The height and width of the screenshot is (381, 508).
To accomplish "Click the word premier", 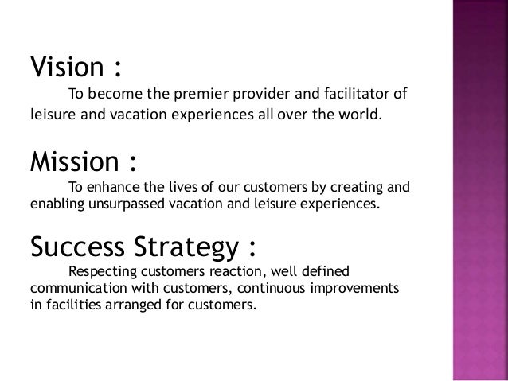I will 203,98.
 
